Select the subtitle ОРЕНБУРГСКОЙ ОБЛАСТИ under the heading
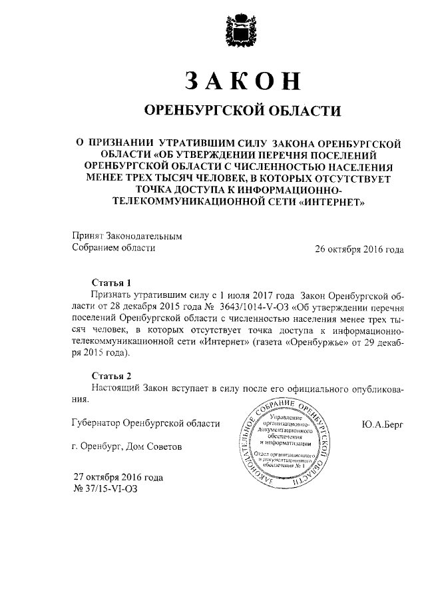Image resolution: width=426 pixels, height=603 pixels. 242,109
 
